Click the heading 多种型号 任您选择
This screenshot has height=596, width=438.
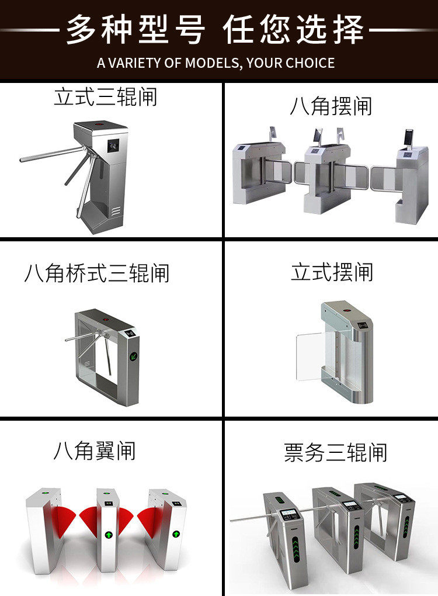(x=215, y=30)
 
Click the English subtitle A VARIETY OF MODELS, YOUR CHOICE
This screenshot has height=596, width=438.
(x=215, y=63)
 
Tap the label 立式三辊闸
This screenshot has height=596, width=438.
(x=106, y=96)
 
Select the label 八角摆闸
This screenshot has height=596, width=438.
(x=331, y=106)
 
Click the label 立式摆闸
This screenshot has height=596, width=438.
(x=332, y=272)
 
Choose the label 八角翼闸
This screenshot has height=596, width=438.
(x=94, y=451)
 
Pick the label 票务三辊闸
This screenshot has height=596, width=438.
(x=336, y=452)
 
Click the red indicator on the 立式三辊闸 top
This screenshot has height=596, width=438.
(x=100, y=124)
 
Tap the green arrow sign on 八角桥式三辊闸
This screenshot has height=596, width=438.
(x=134, y=356)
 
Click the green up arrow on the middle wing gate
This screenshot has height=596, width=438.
(x=109, y=535)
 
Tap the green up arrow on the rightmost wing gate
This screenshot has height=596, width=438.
(x=176, y=533)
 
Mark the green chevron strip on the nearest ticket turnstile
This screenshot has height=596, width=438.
(x=296, y=549)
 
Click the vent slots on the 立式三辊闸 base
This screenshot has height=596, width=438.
(x=116, y=211)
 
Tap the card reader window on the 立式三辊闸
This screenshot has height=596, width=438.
(x=113, y=144)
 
